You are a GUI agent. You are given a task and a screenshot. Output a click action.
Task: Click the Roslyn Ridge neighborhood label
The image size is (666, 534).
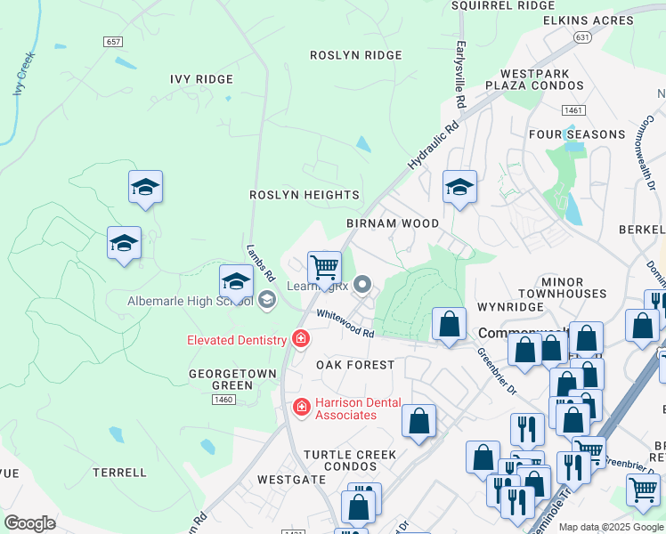[x=355, y=55]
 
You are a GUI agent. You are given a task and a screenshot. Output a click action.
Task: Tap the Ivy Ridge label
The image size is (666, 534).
[x=201, y=79]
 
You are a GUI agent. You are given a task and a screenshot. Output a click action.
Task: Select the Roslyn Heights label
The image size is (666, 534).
[x=304, y=195]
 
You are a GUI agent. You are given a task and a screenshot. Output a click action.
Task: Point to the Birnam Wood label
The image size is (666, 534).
[x=393, y=222]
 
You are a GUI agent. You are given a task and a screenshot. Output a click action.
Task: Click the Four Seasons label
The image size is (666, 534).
[x=577, y=134]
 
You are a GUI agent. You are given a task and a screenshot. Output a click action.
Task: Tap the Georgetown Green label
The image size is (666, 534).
[x=220, y=380]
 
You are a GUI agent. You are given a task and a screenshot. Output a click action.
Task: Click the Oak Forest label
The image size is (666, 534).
[x=355, y=365]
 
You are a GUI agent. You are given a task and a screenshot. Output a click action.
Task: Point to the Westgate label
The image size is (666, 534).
[x=291, y=479]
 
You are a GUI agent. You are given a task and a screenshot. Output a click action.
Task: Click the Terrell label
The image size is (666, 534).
[x=118, y=473]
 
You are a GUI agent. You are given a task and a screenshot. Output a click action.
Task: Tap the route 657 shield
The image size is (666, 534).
[x=112, y=42]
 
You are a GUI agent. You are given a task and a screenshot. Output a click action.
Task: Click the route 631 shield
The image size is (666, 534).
[x=582, y=37]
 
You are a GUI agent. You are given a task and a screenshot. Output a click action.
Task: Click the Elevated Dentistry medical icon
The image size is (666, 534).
[x=301, y=339]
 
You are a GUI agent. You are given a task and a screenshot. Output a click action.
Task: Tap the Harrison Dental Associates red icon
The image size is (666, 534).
[x=301, y=407]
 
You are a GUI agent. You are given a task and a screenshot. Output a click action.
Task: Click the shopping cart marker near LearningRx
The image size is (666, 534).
[x=324, y=266]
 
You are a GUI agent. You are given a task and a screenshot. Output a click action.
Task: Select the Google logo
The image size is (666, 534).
[x=29, y=523]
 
